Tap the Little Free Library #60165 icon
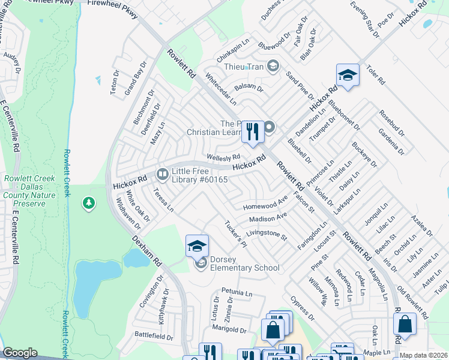(x=162, y=175)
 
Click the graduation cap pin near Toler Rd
(x=348, y=76)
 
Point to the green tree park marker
(x=89, y=203)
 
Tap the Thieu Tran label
(x=243, y=67)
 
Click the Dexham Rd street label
(x=147, y=250)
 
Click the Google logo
(x=20, y=353)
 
